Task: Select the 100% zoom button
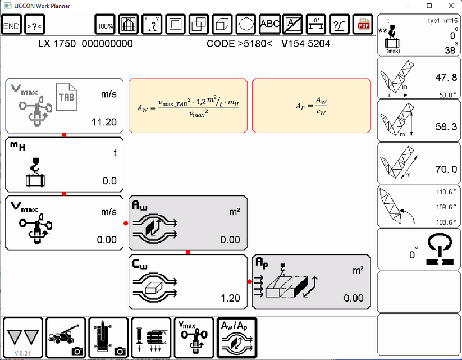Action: pyautogui.click(x=106, y=25)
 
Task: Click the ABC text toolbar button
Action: pyautogui.click(x=270, y=24)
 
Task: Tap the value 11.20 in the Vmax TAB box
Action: pyautogui.click(x=104, y=122)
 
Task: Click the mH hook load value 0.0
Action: pyautogui.click(x=109, y=181)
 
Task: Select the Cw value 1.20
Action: pyautogui.click(x=231, y=298)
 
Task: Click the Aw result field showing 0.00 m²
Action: pyautogui.click(x=230, y=240)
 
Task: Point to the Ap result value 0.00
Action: pyautogui.click(x=354, y=298)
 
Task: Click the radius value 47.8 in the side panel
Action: pyautogui.click(x=438, y=77)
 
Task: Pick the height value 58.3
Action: pyautogui.click(x=438, y=127)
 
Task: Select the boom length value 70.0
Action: pyautogui.click(x=438, y=170)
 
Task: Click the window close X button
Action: pyautogui.click(x=449, y=6)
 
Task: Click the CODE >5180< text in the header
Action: pyautogui.click(x=239, y=43)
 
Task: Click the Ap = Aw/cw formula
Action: pyautogui.click(x=311, y=105)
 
